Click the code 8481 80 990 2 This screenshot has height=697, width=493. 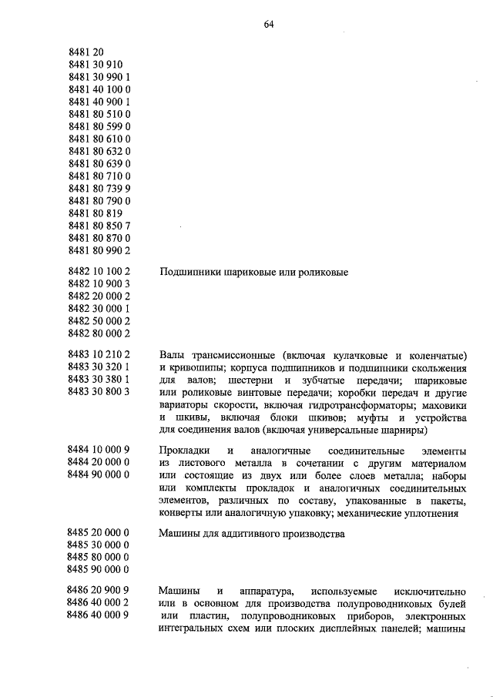point(99,250)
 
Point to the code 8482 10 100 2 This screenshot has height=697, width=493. point(99,272)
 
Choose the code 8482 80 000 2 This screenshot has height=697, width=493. point(99,333)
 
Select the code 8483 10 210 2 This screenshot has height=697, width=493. point(99,355)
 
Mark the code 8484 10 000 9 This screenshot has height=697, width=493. point(99,449)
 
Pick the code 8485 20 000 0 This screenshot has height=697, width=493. point(99,532)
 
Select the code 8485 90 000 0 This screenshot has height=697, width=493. point(99,569)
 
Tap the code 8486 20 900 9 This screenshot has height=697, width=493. point(99,591)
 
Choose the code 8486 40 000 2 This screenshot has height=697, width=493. point(99,603)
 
